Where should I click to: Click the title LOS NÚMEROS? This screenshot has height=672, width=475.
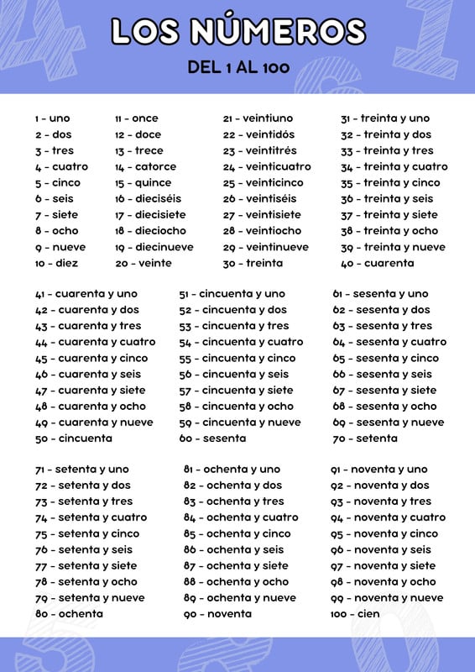237,31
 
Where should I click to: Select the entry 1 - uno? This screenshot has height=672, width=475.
52,118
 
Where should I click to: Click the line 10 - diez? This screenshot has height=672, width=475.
56,264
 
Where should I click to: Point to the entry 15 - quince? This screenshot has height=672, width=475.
143,183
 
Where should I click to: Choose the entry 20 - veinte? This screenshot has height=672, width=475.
143,264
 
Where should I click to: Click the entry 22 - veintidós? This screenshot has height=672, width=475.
258,134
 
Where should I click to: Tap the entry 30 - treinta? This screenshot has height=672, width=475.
253,264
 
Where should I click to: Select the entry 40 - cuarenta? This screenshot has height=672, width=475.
377,264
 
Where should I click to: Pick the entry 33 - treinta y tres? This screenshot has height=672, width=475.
387,151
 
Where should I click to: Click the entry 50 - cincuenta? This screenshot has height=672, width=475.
73,438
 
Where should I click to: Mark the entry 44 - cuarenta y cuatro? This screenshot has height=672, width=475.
95,342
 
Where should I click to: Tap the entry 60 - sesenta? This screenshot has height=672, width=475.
212,438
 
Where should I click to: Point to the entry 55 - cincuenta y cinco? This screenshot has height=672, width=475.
237,359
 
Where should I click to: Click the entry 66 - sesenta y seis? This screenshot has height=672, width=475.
383,375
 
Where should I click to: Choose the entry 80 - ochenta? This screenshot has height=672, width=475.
69,614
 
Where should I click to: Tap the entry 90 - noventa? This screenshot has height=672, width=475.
217,614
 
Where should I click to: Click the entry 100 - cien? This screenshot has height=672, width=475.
355,614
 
